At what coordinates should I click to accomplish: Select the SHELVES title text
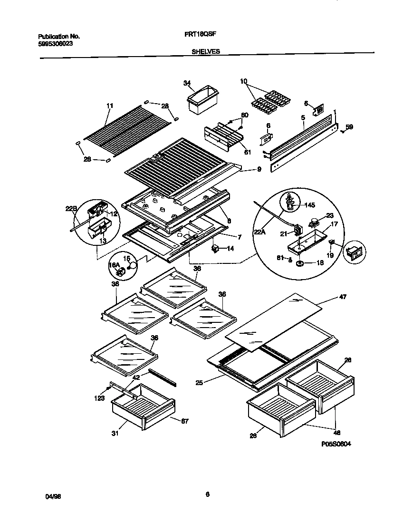pos(206,52)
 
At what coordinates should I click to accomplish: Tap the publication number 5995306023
pos(56,43)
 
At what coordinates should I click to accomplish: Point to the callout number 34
pos(187,83)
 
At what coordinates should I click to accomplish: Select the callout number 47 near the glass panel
pos(343,297)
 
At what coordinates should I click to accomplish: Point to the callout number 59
pos(349,127)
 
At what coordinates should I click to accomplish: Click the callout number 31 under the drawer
pos(115,433)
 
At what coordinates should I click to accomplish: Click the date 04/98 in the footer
pos(53,496)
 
